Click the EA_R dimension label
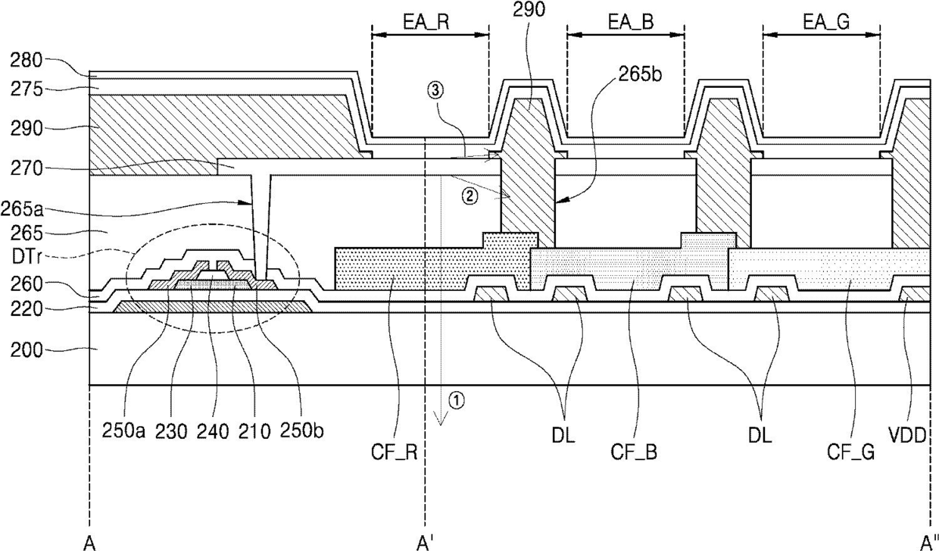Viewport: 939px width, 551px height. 426,22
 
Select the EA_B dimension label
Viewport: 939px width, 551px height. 631,22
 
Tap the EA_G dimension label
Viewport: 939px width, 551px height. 826,22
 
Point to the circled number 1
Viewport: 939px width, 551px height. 457,400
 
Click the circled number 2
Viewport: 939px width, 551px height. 469,196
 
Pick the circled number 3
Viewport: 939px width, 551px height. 435,90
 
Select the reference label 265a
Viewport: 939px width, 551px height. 22,209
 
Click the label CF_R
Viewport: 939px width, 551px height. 394,452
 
